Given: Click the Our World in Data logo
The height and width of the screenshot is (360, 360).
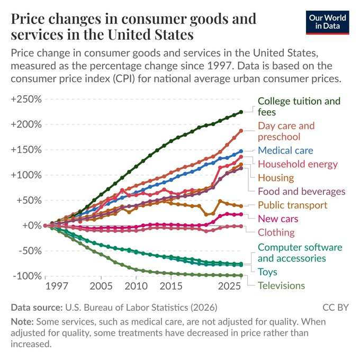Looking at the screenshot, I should (328, 22).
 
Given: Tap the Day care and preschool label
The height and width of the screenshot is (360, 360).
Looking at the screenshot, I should (286, 131).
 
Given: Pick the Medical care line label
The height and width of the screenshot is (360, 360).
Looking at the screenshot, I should (285, 150).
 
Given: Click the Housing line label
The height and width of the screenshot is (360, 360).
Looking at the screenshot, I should (275, 178).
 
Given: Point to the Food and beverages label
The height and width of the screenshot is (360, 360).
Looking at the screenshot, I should (301, 191).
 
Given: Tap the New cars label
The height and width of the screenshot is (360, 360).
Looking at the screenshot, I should (278, 219).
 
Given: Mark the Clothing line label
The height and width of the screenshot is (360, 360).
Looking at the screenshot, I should (276, 232).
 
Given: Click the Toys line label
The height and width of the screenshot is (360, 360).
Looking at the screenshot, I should (267, 272).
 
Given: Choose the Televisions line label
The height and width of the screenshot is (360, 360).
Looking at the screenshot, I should (281, 286).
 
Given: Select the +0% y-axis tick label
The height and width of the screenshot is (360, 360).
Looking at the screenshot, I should (31, 226).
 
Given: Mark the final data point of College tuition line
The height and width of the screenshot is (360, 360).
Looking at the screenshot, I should (241, 112).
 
